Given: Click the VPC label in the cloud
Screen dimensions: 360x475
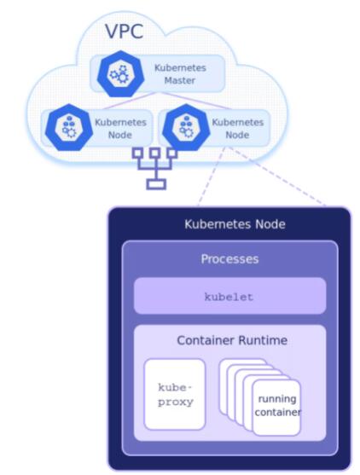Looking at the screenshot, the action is pos(124,32).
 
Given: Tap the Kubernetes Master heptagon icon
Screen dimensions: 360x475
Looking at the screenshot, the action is pos(120,73).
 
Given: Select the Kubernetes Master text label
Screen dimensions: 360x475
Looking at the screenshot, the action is pos(180,74).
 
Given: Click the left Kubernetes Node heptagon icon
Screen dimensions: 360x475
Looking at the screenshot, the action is pos(69,127).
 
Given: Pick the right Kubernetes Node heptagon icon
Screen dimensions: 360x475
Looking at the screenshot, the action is pos(186,127).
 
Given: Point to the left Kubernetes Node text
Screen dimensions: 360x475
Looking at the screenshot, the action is pos(120,129).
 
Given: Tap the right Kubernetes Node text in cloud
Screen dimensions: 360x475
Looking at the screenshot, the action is pos(237,129).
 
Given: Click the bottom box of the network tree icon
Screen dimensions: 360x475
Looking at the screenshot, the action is pos(156,184).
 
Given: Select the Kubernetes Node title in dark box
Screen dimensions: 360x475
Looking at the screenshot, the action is pos(235,224).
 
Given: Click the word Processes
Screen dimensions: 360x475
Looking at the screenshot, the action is pos(229,259).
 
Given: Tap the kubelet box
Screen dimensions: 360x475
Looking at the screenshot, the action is pos(230,296).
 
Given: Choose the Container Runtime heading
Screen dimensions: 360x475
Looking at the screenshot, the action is pos(232,340).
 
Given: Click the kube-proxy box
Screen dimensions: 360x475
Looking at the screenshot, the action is pos(175,395).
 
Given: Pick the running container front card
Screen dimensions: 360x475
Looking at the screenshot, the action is pos(276,408).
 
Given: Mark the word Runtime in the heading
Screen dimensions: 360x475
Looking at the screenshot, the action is pos(263,340).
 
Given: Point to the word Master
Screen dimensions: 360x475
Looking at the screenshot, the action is pos(180,80).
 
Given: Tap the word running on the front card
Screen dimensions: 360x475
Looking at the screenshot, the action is pos(277,399).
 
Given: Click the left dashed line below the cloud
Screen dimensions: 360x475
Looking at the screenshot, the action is pos(212,177).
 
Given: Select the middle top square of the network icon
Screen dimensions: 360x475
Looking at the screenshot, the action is pos(155,153).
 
